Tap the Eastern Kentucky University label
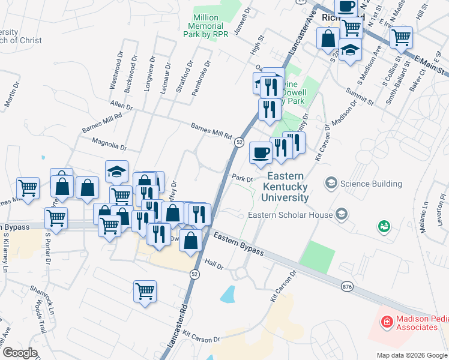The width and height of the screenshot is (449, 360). coord(288,187)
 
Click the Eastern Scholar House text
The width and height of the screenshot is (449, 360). coord(291,215)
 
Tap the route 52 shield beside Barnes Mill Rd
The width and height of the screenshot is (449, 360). coord(239,142)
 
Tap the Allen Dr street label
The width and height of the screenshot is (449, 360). coord(121,106)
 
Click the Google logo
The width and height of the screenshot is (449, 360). coord(20,352)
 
